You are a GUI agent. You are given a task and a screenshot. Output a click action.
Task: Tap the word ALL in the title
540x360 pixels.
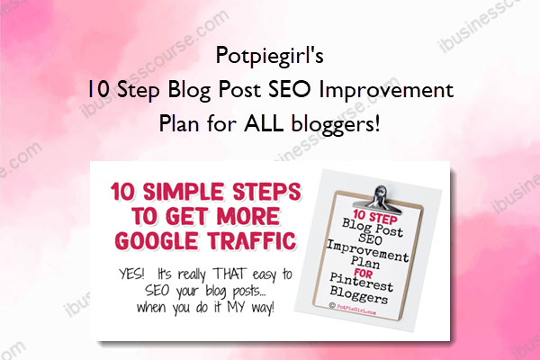point(264,123)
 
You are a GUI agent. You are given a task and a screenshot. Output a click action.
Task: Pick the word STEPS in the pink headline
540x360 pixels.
point(267,192)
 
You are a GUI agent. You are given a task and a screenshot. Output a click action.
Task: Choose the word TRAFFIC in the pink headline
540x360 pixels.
point(252,240)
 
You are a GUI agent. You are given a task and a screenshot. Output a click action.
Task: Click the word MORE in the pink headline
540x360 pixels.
point(248,216)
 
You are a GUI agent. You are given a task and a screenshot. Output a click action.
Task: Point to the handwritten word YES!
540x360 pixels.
point(131,274)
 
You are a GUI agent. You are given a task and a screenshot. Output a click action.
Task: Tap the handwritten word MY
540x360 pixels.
point(236,307)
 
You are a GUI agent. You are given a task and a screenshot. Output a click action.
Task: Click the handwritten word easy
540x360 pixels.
point(265,274)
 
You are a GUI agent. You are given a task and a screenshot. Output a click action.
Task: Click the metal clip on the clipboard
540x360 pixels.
point(378,199)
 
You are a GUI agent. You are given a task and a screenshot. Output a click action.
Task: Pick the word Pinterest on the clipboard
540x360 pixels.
point(361,283)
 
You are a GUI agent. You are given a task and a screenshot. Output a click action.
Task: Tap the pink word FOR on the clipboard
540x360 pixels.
point(363,274)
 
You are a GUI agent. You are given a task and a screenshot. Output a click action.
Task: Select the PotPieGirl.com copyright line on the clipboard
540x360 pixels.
point(353,309)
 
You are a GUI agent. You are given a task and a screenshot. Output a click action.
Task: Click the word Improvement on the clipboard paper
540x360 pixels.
point(367,251)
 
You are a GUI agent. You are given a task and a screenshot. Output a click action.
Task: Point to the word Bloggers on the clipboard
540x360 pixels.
point(358,295)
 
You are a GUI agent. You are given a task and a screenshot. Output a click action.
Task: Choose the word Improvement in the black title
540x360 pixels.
point(386,90)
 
